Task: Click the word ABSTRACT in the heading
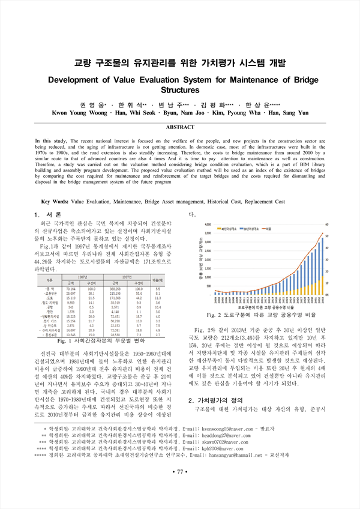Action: coord(179,128)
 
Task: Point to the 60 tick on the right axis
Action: coord(327,224)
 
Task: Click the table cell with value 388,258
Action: coord(110,289)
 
